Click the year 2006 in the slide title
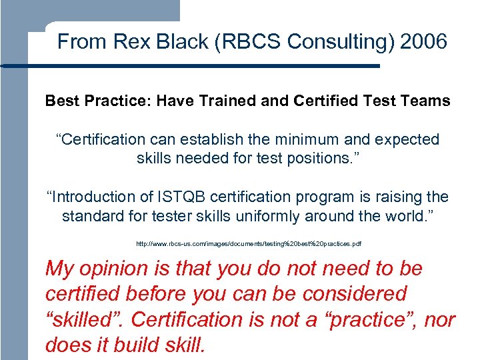click(x=424, y=42)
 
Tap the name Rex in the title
click(x=127, y=42)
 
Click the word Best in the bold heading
click(x=59, y=101)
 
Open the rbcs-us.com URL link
click(x=249, y=245)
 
